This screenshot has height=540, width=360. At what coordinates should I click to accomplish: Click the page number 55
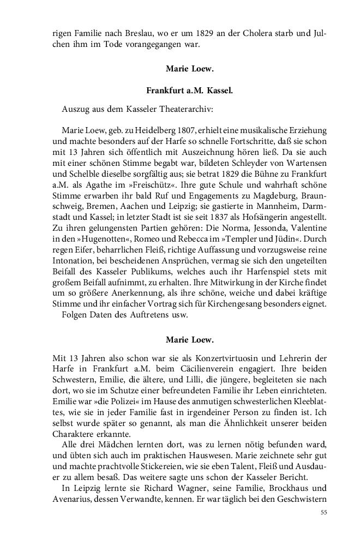323,513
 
